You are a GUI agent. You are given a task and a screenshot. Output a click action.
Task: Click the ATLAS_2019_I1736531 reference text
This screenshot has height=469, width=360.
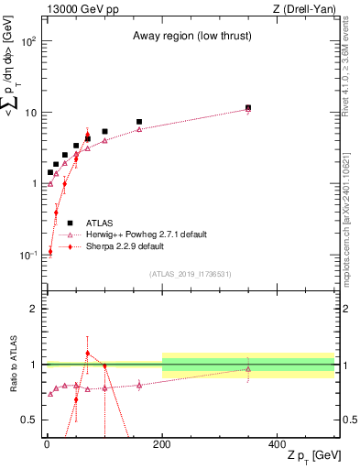click(191, 274)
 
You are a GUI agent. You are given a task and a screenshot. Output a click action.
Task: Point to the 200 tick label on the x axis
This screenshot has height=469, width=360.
click(162, 443)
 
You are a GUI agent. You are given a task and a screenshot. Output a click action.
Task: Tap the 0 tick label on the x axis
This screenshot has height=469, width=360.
click(47, 443)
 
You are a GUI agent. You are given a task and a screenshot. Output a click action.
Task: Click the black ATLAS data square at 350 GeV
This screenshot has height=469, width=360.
click(248, 107)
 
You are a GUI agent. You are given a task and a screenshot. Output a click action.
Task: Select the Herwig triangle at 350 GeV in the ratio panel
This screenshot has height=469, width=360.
click(248, 369)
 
